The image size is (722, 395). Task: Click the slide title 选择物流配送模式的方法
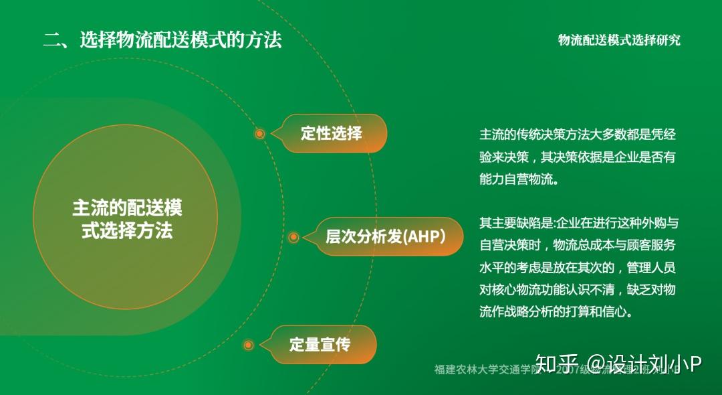180,40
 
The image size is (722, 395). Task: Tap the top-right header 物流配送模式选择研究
619,40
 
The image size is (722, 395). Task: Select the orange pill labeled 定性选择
332,133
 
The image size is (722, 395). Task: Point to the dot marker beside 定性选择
260,134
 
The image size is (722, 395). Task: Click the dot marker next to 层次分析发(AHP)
293,237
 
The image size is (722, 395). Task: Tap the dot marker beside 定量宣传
249,345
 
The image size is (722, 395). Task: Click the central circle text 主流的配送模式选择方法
127,219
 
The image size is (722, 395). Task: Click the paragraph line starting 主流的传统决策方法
578,135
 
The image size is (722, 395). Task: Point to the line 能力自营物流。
518,179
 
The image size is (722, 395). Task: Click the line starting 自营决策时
578,245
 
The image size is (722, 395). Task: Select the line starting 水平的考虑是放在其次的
578,267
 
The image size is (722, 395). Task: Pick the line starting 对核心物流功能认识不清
578,289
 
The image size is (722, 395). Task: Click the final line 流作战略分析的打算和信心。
556,311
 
